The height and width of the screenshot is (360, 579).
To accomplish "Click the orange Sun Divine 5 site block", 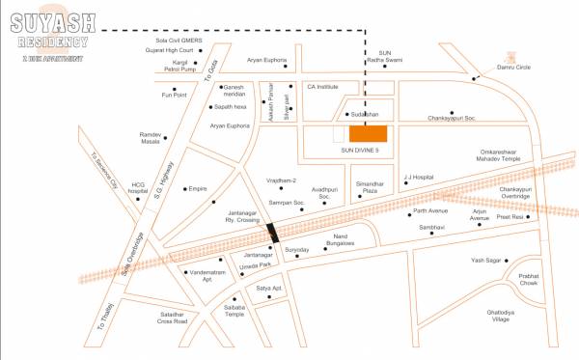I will [368, 133].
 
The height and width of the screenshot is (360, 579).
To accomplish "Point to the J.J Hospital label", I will [420, 177].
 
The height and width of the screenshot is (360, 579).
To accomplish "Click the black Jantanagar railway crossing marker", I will [274, 233].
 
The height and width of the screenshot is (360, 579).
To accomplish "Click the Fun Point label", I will [173, 95].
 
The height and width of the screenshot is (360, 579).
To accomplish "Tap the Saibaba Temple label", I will [234, 311].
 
